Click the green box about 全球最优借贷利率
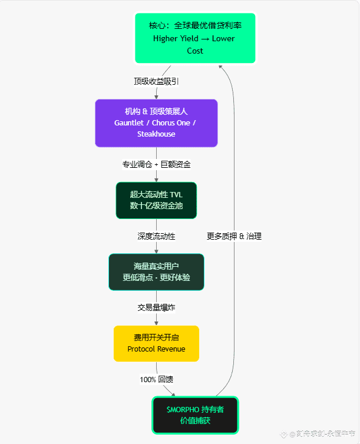pos(195,38)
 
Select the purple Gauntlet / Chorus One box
pos(156,122)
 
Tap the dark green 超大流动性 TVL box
pos(156,200)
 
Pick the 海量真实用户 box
pos(156,271)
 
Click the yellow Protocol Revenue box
pos(156,343)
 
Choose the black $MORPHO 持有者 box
pos(195,415)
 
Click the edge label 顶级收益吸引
pos(156,81)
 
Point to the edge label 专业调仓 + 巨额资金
pos(156,164)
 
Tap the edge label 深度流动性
pos(156,236)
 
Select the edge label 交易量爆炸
pos(156,307)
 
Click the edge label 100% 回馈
pos(156,379)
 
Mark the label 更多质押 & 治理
pos(234,236)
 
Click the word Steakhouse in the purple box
pos(156,134)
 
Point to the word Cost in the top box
pos(195,51)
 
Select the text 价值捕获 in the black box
pos(195,421)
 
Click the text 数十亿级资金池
pos(156,206)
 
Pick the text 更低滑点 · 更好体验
pos(156,277)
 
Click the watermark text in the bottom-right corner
pos(322,434)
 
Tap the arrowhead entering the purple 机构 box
pos(156,96)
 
